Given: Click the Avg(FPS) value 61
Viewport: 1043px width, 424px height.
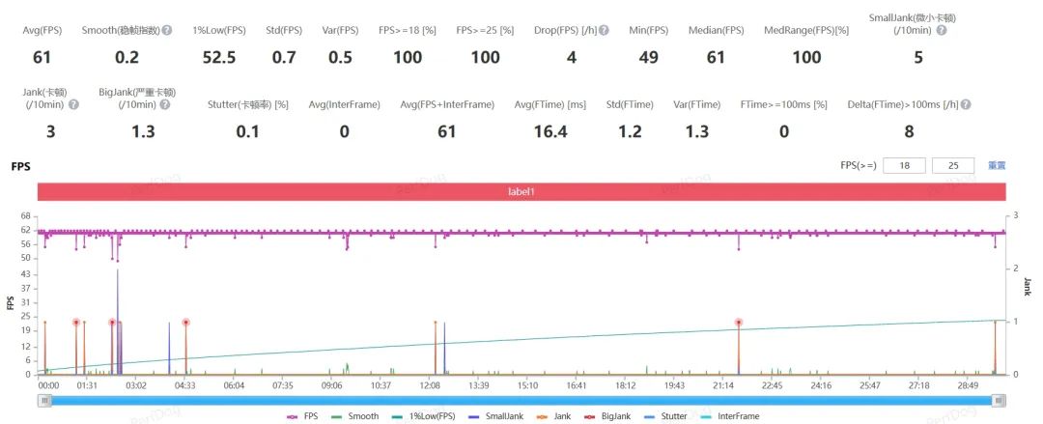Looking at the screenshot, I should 42,57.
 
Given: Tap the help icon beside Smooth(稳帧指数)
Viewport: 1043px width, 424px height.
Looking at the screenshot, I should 166,31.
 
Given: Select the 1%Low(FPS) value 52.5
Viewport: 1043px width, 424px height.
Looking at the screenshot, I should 219,57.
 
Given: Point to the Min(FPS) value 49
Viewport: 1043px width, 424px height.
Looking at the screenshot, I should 648,57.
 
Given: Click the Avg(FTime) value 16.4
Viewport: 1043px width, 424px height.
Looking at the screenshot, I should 550,131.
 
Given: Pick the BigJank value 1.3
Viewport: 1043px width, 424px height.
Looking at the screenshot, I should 142,131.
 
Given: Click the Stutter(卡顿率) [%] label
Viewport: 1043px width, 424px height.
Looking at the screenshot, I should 248,104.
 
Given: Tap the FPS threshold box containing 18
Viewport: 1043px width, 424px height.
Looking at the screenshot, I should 905,166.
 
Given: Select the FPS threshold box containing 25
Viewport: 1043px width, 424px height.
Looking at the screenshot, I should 954,166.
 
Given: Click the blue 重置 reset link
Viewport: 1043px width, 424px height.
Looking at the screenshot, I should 997,166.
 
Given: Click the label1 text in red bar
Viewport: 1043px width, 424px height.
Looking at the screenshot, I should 521,191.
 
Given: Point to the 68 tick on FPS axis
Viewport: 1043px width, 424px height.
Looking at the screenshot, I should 27,217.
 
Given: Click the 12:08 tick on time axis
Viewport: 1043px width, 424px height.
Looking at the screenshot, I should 430,384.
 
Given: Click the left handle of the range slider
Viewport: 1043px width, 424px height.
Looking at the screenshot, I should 43,400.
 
